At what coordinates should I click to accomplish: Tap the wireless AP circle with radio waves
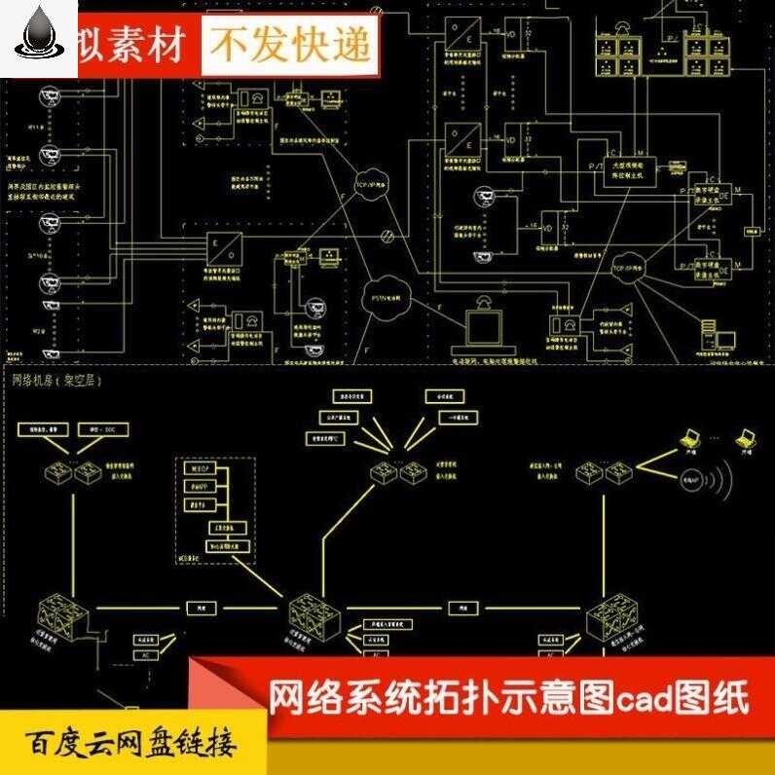coord(693,479)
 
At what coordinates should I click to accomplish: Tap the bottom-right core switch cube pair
coord(610,620)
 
